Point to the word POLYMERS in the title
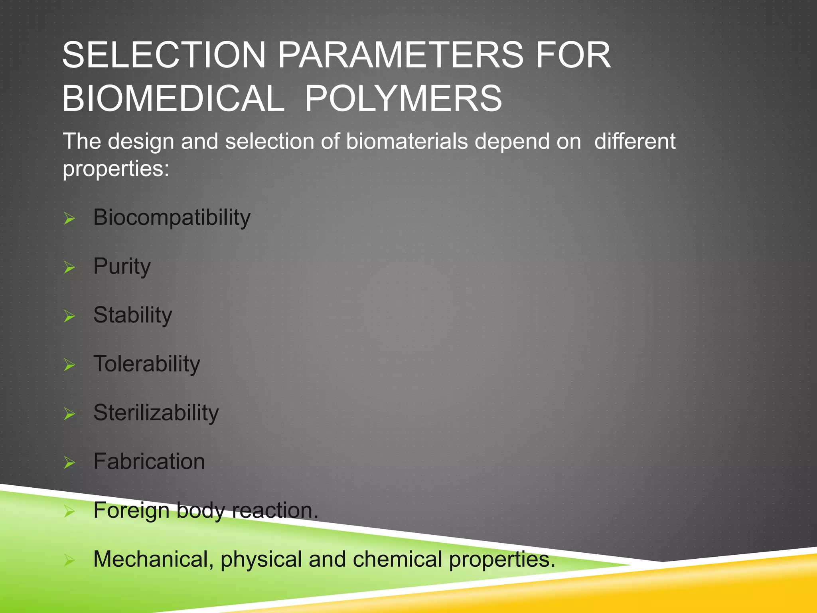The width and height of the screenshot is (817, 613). (x=403, y=99)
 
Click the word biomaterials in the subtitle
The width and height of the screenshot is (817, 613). (x=407, y=141)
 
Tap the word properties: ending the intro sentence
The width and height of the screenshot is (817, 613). (x=116, y=168)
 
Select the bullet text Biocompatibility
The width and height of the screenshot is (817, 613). (x=172, y=218)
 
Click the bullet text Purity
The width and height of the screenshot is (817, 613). (x=122, y=267)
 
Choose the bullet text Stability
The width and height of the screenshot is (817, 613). (x=132, y=315)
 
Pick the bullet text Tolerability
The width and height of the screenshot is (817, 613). (x=146, y=364)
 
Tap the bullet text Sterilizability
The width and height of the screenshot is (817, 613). (x=156, y=413)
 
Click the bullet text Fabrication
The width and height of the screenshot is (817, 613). (x=149, y=462)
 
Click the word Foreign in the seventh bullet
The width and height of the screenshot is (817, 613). (x=131, y=510)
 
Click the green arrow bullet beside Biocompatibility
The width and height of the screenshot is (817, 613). (x=69, y=219)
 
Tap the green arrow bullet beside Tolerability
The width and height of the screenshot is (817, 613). (x=69, y=365)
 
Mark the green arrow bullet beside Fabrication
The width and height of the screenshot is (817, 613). (x=69, y=463)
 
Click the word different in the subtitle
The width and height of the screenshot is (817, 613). (x=635, y=141)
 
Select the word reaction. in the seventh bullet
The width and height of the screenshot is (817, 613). (x=275, y=510)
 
